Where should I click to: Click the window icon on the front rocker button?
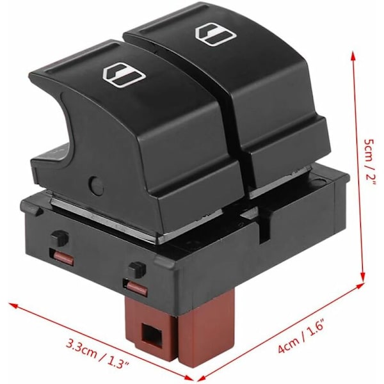124,74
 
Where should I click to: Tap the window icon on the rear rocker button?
216,34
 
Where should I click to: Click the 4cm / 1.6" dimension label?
302,335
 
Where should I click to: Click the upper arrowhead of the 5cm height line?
353,57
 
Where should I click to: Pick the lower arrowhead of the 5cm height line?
364,276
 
